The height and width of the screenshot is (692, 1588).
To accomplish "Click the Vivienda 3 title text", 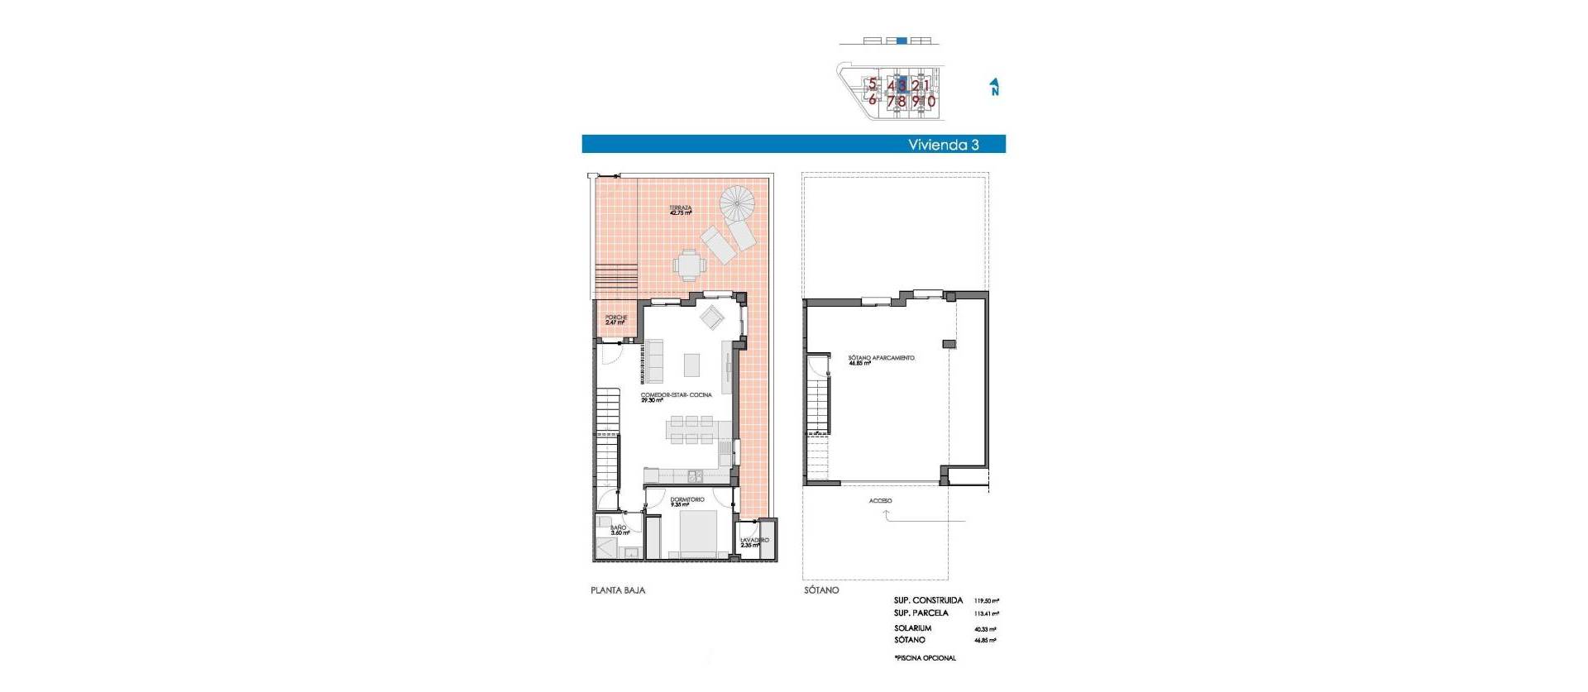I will [x=943, y=145].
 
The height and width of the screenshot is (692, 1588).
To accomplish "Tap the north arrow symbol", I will [x=995, y=87].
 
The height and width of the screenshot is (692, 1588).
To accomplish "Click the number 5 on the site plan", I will [x=872, y=84].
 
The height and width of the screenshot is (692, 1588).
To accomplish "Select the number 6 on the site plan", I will [x=872, y=99].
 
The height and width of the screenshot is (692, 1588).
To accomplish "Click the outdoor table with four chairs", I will [x=688, y=265].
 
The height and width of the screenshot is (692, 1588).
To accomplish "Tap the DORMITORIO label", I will [x=687, y=500].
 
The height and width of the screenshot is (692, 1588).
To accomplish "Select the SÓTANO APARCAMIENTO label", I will [x=881, y=359].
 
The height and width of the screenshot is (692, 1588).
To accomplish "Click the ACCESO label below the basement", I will [x=880, y=501].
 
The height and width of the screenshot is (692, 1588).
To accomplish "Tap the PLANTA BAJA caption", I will [x=618, y=591].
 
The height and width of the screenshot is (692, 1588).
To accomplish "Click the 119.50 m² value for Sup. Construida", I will [x=986, y=601].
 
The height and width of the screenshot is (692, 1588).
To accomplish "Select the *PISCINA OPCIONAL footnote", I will [x=925, y=658].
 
